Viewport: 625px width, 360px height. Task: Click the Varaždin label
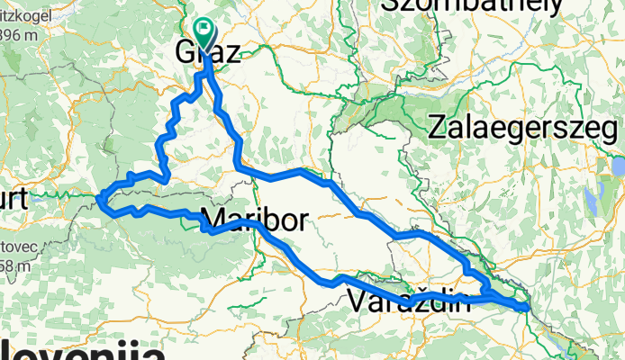coord(408,301)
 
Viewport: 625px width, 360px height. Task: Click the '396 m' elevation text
coord(11,35)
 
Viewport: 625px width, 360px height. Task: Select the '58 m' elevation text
coord(14,266)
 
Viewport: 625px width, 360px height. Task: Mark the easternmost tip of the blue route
coord(526,309)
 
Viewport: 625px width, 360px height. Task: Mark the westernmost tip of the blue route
coord(99,198)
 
